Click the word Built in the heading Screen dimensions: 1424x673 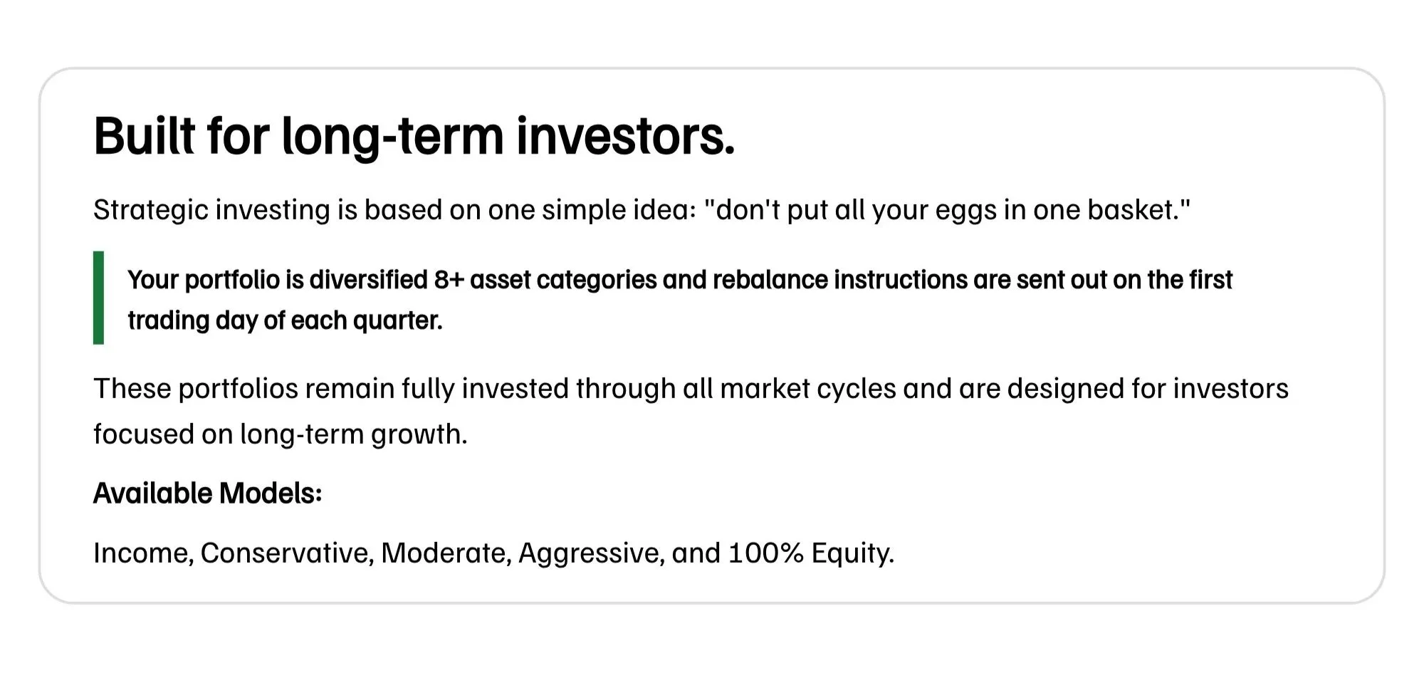144,135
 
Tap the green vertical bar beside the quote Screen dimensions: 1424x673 98,298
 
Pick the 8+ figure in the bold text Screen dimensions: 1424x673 449,280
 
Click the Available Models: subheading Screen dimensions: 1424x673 208,493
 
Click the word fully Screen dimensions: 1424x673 428,389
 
